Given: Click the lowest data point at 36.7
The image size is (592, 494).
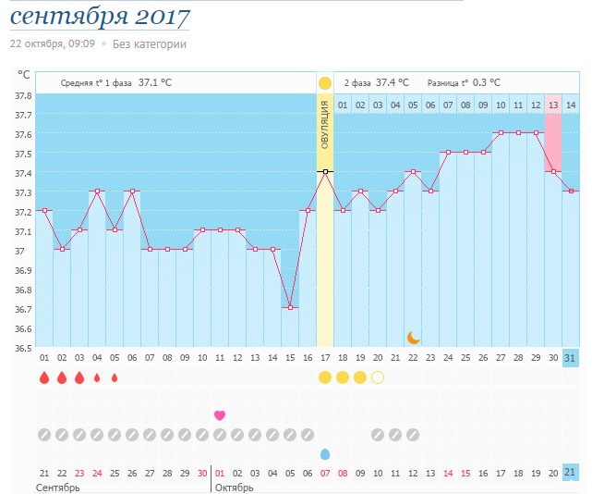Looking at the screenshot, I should pos(290,307).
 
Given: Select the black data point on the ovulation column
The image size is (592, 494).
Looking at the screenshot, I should pos(324,171).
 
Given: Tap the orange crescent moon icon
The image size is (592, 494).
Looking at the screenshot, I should pos(414,337).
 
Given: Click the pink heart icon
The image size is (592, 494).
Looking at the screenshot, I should pos(220,414).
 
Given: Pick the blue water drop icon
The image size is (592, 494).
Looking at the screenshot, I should pos(324,454).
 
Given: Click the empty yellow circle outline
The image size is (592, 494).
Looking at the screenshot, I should pos(377,377).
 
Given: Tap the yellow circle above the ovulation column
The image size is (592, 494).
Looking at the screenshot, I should pos(324,83).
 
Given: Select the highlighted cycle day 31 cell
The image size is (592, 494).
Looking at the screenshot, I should pos(570,358).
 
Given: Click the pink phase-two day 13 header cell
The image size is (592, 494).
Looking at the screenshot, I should pos(552,105).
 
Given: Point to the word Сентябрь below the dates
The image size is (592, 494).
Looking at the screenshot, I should pos(57,488).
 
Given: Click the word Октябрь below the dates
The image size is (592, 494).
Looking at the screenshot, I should pos(234,488).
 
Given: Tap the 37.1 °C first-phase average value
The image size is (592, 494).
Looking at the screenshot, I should pos(154,82).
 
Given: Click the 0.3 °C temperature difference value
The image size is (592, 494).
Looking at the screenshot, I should pos(485,82).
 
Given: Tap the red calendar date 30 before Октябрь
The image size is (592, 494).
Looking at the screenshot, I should pos(202,473).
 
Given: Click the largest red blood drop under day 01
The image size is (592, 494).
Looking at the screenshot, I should pos(43,377).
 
